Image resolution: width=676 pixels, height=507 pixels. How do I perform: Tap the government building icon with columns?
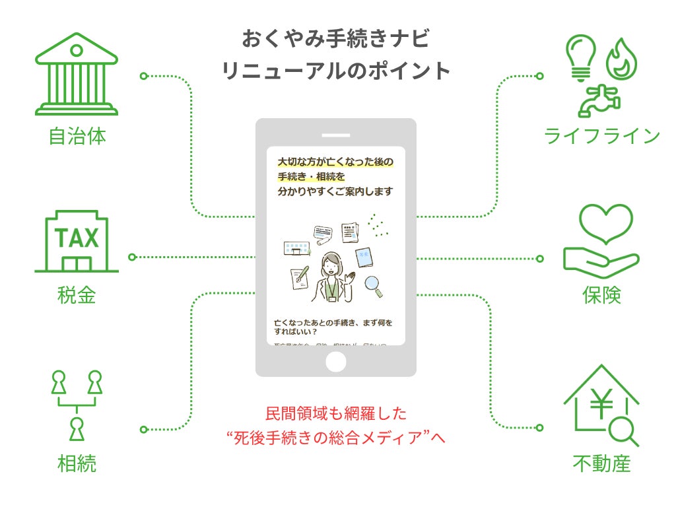click(x=77, y=78)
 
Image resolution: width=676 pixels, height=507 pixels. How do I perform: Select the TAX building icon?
click(x=77, y=242)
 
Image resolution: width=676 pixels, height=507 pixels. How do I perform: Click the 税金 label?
click(x=77, y=294)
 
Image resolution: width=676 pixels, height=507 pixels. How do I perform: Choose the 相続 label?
click(x=77, y=463)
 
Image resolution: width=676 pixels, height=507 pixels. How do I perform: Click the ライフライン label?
click(x=602, y=136)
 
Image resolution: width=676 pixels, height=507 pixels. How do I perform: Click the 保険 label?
click(x=601, y=294)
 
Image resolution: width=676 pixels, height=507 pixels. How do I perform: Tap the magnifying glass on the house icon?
click(x=623, y=432)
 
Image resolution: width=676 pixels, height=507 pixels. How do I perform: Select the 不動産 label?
click(x=601, y=463)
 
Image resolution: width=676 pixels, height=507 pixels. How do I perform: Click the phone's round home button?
click(x=336, y=361)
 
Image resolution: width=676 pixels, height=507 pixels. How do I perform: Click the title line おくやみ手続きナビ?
click(x=335, y=38)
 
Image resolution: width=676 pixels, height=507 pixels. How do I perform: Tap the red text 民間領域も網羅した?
click(x=335, y=414)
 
